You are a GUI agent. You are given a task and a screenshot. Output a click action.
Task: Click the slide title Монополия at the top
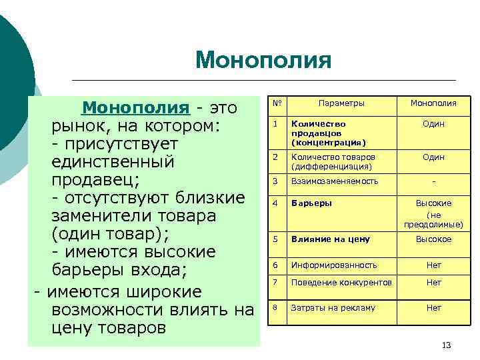coord(263,61)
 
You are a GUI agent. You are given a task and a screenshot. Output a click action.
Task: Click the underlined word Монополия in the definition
coord(135,107)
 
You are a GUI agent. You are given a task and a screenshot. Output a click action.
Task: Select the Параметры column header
coord(341,103)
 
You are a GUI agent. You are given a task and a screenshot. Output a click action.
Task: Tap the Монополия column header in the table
coord(433,103)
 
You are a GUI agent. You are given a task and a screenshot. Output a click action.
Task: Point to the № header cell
coord(275,103)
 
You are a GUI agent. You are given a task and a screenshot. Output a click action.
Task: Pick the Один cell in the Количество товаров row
coord(433,157)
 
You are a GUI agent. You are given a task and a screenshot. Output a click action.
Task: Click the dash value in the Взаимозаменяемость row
coord(433,181)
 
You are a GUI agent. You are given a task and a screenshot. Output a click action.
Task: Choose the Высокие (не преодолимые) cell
coord(433,213)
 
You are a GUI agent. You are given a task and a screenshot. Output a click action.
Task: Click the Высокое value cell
coord(433,239)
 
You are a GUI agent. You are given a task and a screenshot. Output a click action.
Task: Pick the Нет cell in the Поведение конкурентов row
coord(433,283)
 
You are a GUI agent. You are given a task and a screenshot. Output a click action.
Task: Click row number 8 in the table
coord(275,307)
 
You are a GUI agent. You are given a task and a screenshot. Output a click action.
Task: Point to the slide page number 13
coord(447,345)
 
